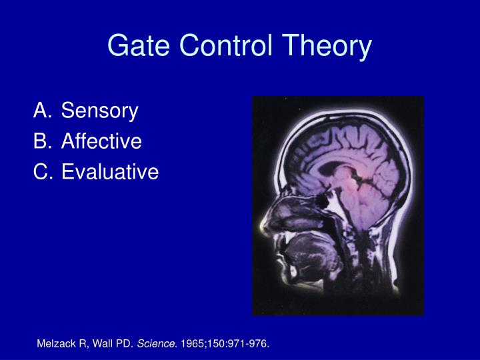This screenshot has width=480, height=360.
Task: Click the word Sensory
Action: coord(99,111)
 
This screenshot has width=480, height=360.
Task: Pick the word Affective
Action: coord(101,141)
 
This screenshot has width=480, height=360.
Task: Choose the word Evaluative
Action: coord(110,172)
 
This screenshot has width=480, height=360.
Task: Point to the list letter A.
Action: coord(41,111)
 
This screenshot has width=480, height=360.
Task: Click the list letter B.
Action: coord(41,141)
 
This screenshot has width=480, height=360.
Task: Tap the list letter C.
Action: coord(41,172)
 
